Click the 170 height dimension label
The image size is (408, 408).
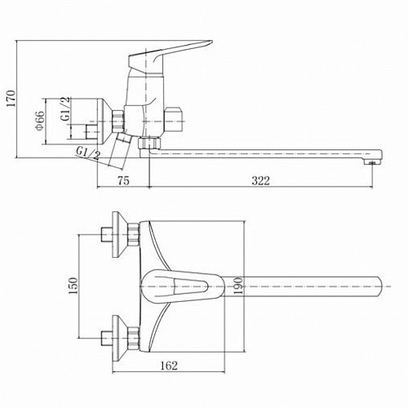11,99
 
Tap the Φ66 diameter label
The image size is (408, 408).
40,120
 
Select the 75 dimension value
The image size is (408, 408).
124,181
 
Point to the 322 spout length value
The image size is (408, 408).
260,181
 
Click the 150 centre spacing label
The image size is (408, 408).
73,286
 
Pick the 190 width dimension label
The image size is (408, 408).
239,286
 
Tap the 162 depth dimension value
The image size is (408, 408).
169,365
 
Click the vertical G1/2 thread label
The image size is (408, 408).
66,109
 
